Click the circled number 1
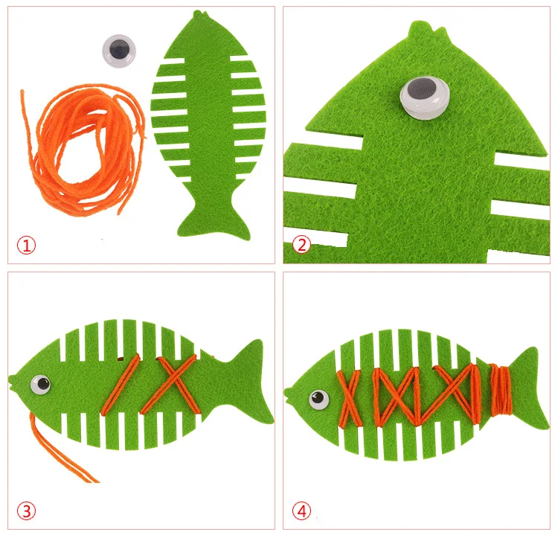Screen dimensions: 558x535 (26, 246)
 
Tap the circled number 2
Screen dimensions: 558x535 (301, 246)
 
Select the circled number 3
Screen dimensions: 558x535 (26, 511)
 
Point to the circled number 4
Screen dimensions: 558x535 (301, 511)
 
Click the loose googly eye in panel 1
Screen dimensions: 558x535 (119, 51)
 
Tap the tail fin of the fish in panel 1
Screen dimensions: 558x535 (214, 219)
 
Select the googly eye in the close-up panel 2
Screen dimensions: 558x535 (424, 97)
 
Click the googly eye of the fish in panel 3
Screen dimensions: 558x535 (41, 385)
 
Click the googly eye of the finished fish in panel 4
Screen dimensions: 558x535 (318, 400)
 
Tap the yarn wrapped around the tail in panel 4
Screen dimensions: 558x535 (501, 389)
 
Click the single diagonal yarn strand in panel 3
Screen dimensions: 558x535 (121, 385)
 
